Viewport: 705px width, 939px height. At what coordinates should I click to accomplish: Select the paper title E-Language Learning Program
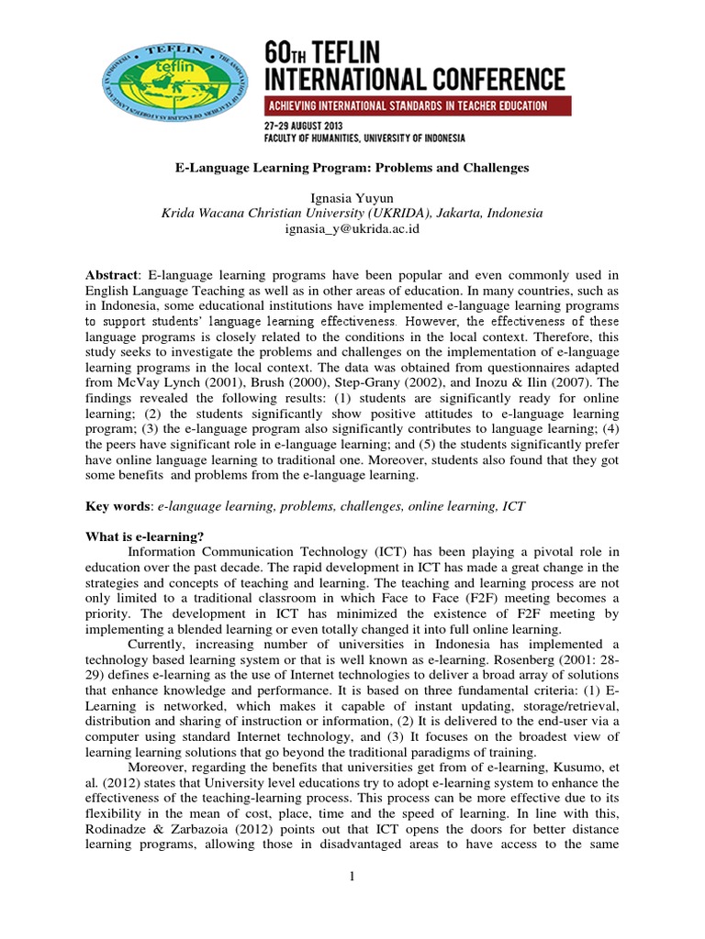click(x=352, y=169)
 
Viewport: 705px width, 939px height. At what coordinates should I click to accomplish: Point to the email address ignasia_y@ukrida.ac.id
click(x=352, y=228)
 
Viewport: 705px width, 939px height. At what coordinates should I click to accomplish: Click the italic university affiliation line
click(x=352, y=213)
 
